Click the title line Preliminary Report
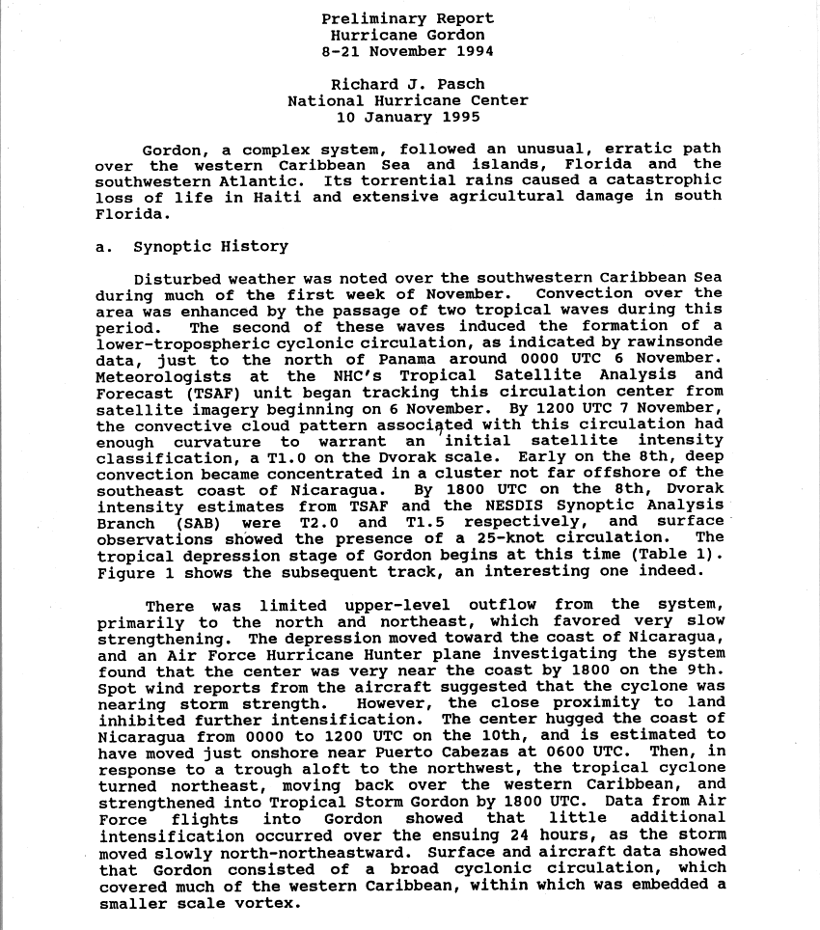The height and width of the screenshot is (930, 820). point(407,18)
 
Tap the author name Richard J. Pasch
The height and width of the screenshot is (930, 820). point(407,84)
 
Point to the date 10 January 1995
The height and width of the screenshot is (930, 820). point(407,117)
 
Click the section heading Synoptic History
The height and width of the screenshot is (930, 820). point(210,246)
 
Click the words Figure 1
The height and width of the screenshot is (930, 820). point(131,571)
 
